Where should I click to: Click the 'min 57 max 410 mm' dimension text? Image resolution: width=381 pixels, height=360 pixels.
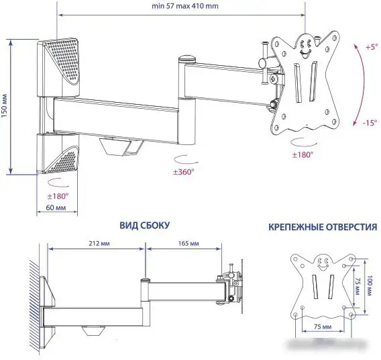pos(185,6)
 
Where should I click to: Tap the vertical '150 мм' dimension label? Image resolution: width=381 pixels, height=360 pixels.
pos(5,106)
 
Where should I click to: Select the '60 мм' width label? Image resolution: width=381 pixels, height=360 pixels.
pos(56,208)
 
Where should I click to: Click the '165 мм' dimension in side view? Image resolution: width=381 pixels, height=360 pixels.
pos(188,243)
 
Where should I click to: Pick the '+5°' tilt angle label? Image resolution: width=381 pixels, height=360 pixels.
pos(372,47)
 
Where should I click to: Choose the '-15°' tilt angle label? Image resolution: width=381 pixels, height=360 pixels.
pos(370,123)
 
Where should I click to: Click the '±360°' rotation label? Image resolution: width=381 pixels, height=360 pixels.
pos(183,172)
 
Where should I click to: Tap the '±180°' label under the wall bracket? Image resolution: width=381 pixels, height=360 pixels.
pos(58,196)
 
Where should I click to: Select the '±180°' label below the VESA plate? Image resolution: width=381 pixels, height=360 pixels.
pos(303,154)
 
